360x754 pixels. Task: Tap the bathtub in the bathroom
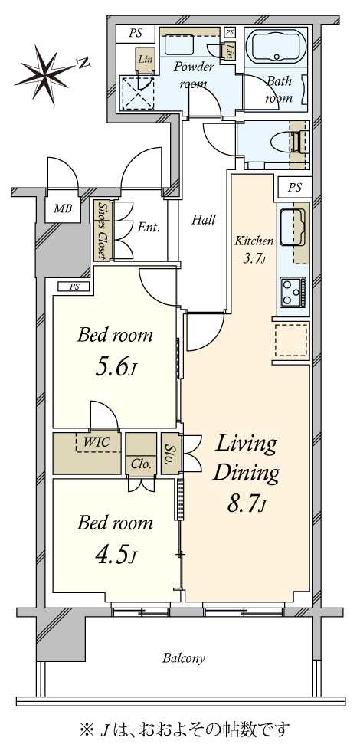tap(276, 47)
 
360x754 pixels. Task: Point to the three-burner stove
tap(293, 292)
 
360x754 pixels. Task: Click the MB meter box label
tap(63, 209)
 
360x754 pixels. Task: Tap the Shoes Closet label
tap(103, 231)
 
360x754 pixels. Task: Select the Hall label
tap(203, 220)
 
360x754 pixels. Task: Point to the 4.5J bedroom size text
tap(116, 556)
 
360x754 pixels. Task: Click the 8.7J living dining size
tap(246, 504)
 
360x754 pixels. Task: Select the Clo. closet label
tap(141, 465)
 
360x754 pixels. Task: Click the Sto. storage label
tap(169, 454)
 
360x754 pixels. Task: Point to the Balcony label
tap(184, 657)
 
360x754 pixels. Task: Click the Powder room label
tap(194, 75)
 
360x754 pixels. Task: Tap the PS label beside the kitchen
tap(295, 188)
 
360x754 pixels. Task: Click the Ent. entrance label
tap(149, 228)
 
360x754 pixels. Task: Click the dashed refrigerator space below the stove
tap(291, 340)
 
